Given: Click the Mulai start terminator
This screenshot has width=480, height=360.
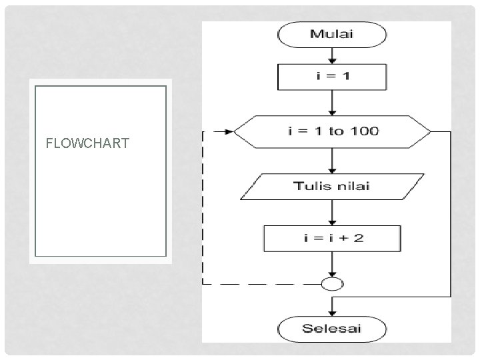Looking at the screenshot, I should click(x=332, y=35).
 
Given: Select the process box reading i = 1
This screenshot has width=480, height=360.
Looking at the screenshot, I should click(x=332, y=77).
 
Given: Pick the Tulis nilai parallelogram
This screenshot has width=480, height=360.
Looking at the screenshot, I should click(x=332, y=187).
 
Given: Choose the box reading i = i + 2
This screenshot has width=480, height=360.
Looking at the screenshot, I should click(x=332, y=238).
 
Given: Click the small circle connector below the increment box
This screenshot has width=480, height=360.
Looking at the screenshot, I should click(x=332, y=284).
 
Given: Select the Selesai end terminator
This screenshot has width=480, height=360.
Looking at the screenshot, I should click(x=332, y=328).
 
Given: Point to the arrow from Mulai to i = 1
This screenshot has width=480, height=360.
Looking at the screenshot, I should click(x=332, y=55).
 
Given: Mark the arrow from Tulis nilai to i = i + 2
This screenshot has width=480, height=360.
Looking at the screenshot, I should click(x=332, y=213).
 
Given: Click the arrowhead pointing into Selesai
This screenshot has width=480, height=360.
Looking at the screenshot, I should click(x=332, y=311).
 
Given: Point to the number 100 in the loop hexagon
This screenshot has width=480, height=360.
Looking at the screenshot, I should click(x=365, y=131).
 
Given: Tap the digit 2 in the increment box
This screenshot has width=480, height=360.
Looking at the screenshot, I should click(x=359, y=238).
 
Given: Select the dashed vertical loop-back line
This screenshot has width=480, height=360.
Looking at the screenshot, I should click(x=203, y=207).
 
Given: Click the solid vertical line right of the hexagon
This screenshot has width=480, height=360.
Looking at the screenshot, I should click(x=451, y=213).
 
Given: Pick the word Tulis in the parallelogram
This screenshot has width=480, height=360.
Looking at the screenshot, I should click(x=312, y=186).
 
